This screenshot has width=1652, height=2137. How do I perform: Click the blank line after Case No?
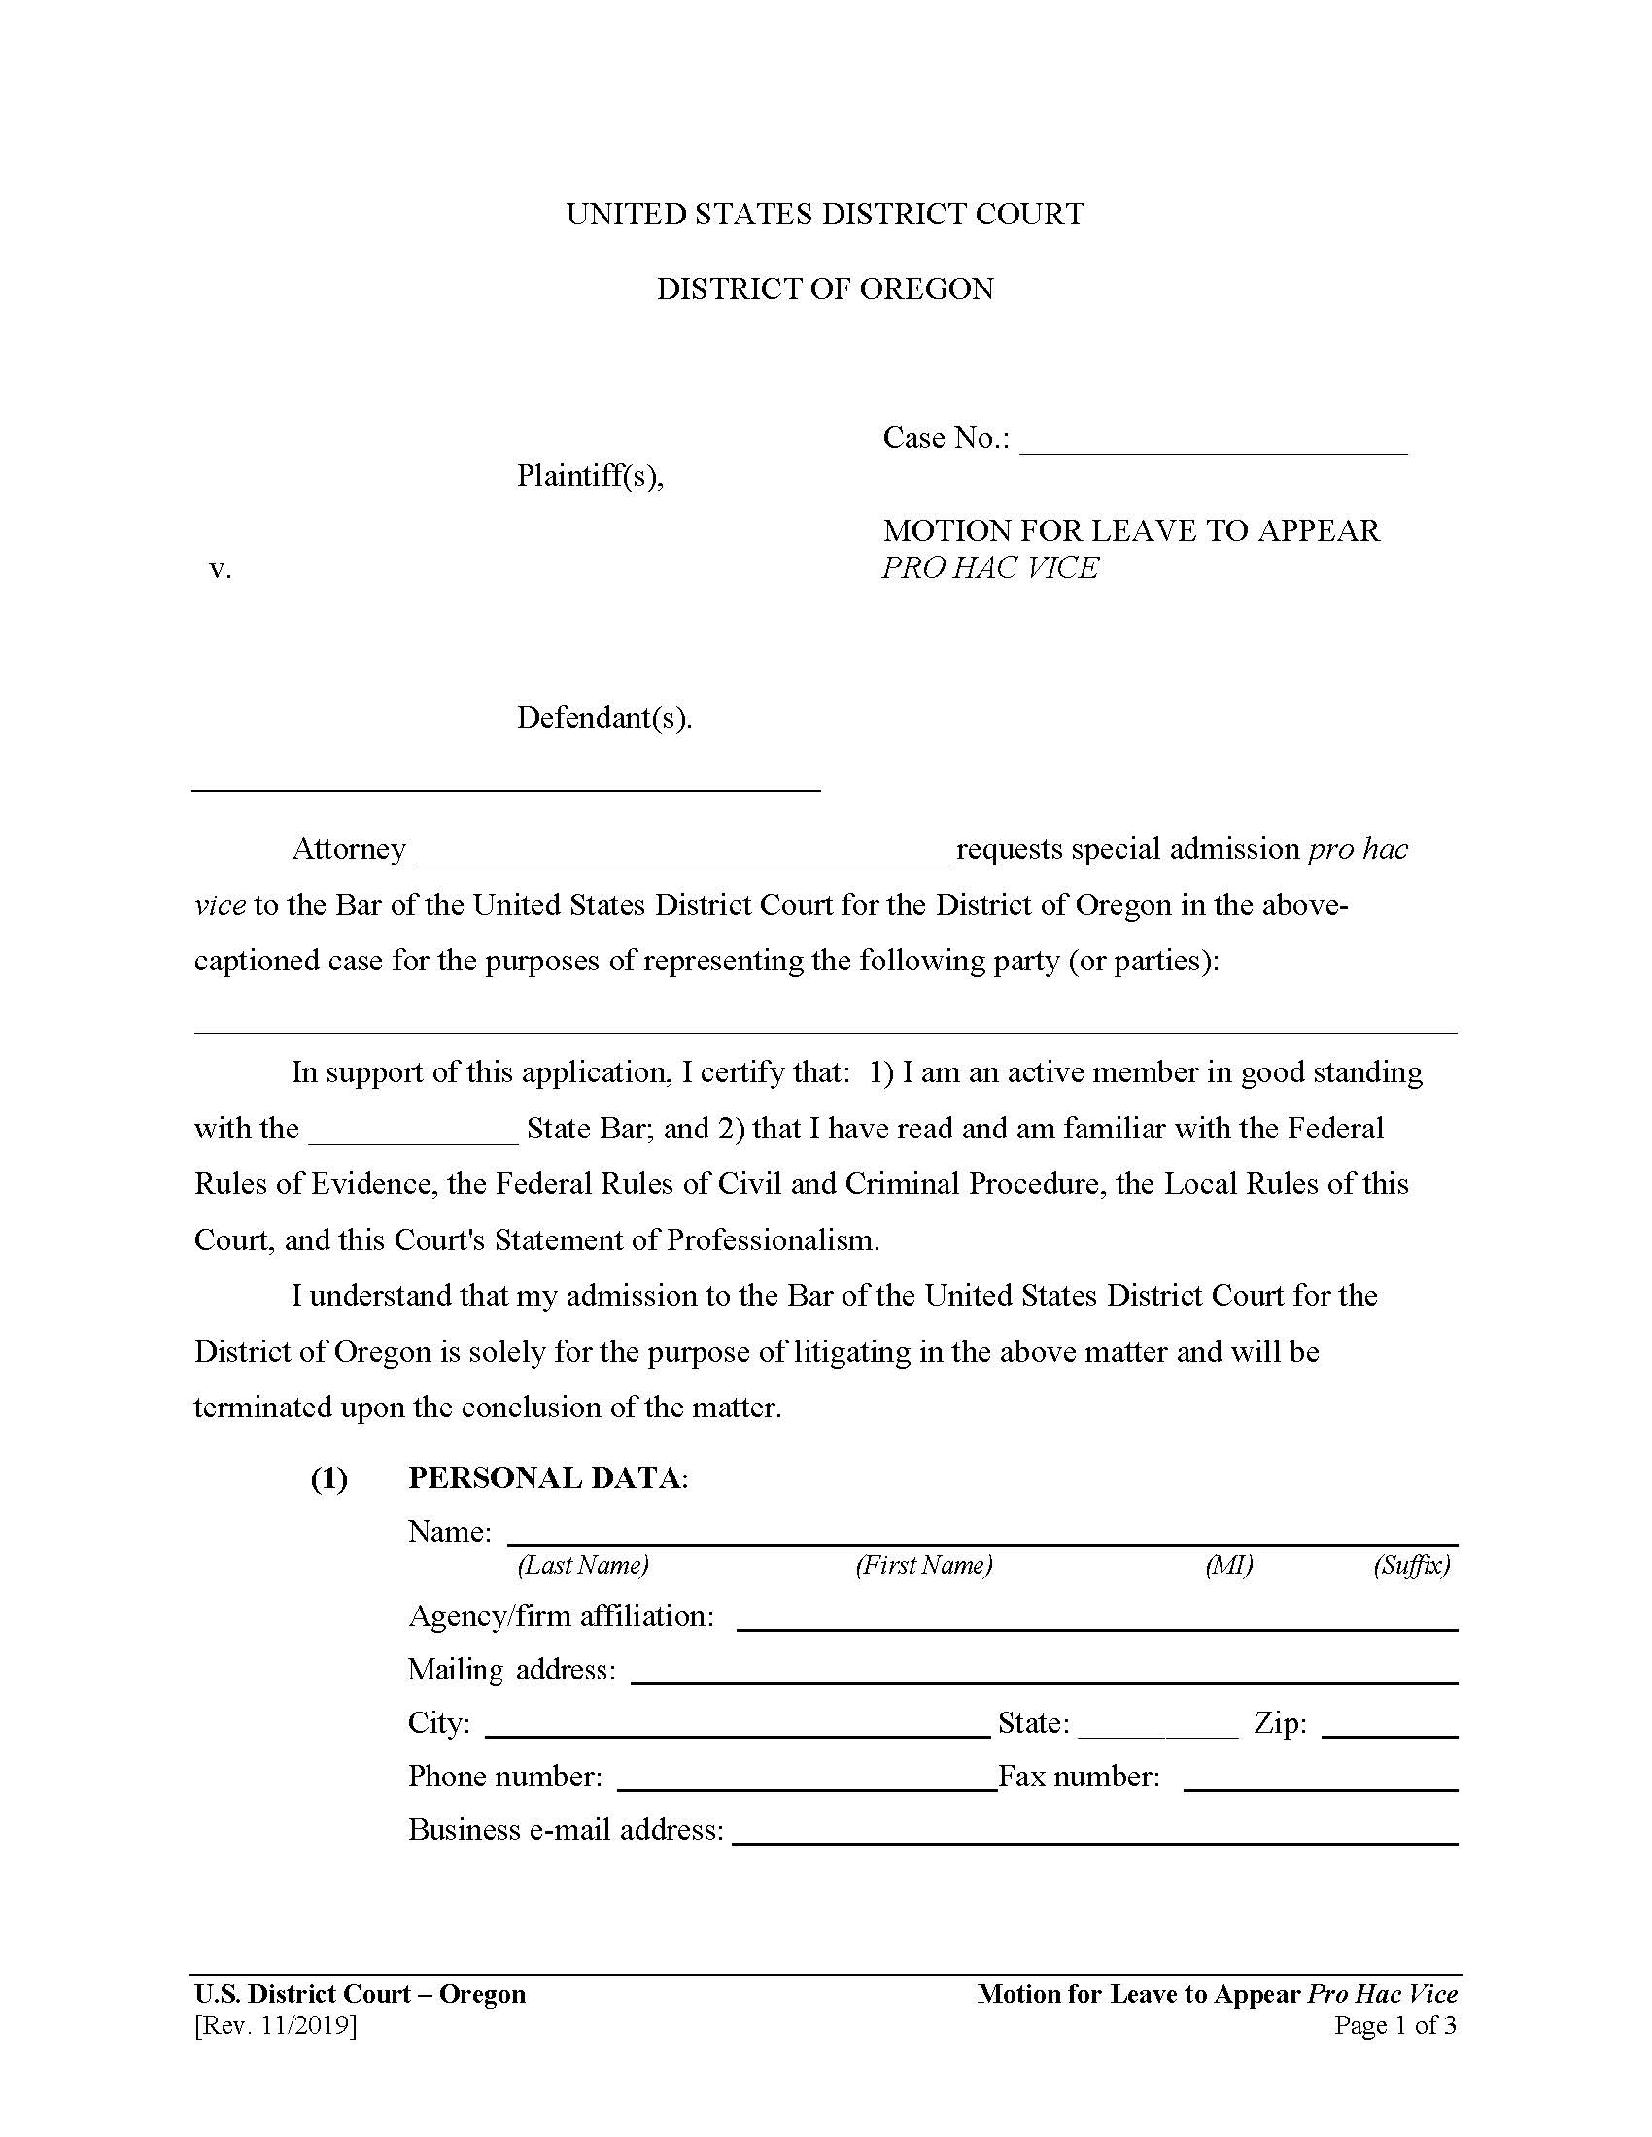(x=1213, y=442)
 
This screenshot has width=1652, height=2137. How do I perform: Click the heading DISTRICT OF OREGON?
(x=825, y=288)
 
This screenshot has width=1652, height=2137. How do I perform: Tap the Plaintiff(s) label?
(x=590, y=476)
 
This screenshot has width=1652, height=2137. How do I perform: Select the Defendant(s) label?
(x=603, y=717)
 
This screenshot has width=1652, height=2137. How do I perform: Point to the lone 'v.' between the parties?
(x=221, y=568)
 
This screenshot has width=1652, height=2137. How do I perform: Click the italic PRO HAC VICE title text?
(x=989, y=567)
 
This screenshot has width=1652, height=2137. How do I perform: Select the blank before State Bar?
(x=413, y=1132)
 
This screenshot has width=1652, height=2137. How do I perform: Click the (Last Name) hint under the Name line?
(x=582, y=1565)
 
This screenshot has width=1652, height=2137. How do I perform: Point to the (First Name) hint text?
(x=924, y=1565)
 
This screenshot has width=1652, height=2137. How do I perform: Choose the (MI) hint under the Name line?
(x=1228, y=1565)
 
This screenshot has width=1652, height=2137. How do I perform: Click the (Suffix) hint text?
(x=1411, y=1565)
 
